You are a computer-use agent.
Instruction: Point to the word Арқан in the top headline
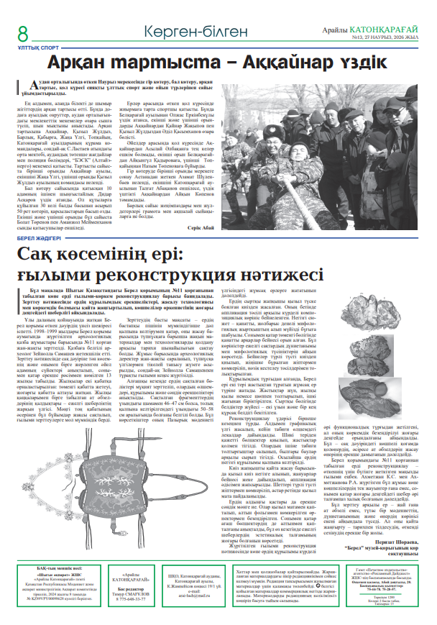coord(84,65)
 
